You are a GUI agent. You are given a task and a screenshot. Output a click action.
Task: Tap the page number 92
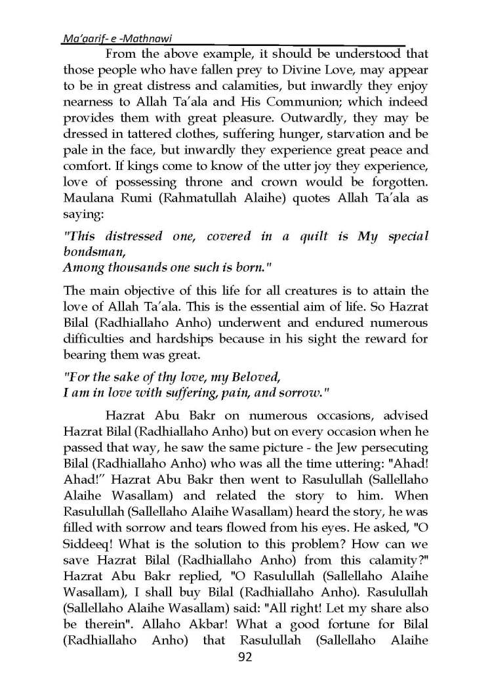pyautogui.click(x=246, y=658)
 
